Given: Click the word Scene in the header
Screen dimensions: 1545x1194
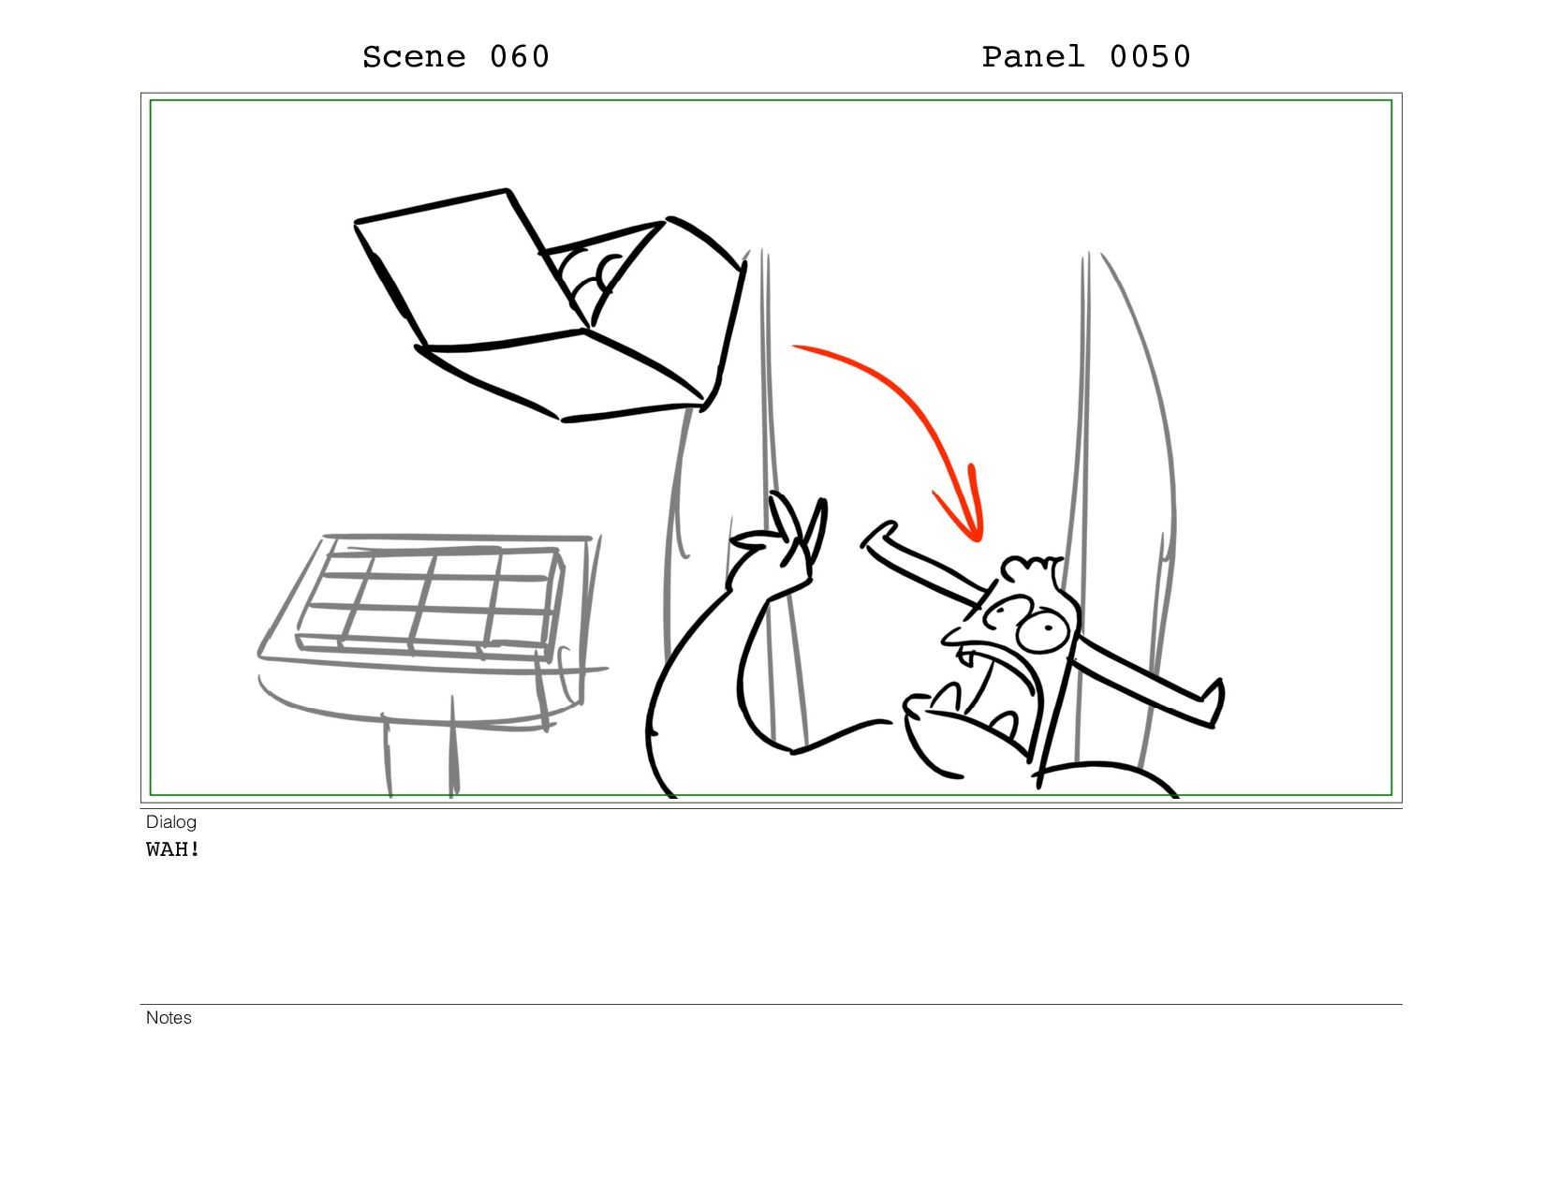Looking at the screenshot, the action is point(414,57).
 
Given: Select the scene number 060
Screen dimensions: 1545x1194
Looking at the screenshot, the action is point(520,57).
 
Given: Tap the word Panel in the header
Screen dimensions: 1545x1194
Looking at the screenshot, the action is point(1033,57).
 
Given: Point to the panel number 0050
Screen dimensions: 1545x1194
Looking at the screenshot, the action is point(1151,57).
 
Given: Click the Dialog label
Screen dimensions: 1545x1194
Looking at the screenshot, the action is point(170,822).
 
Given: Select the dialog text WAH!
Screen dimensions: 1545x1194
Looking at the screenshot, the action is point(173,849).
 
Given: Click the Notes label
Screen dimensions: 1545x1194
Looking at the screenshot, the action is point(169,1018).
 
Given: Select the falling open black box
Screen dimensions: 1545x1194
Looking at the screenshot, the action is point(551,306).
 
